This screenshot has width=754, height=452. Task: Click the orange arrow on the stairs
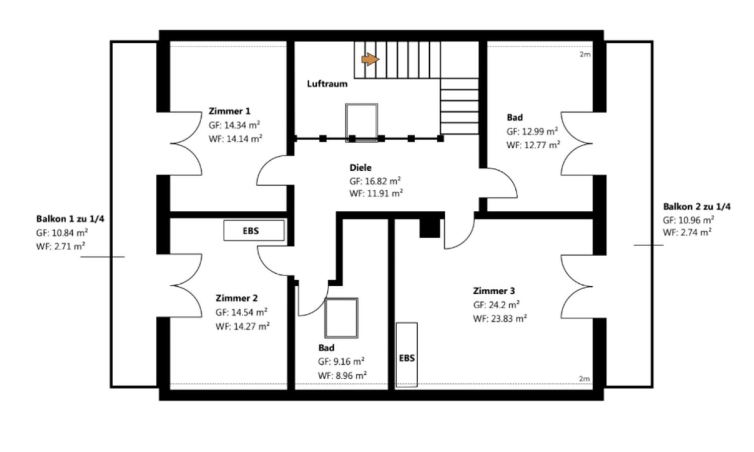tap(370, 60)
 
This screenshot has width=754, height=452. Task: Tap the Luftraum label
tap(327, 84)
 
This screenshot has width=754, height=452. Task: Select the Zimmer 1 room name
tap(229, 111)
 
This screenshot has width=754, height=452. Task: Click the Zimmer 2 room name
tap(237, 298)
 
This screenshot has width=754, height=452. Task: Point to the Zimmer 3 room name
tap(494, 291)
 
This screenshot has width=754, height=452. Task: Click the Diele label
tap(360, 167)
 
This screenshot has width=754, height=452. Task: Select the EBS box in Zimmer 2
tap(254, 231)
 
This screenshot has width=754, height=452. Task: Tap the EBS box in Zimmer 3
tap(407, 355)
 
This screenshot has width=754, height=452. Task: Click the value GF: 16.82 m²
tap(375, 181)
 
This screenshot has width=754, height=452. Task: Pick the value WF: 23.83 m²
tap(500, 318)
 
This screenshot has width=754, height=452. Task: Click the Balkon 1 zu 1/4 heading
tap(70, 219)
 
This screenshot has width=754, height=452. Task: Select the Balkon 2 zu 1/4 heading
tap(697, 206)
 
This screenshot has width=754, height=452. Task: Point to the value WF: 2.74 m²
tap(687, 233)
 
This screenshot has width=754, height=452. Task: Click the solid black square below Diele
tap(429, 229)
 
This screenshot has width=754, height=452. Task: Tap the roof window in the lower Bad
tap(341, 318)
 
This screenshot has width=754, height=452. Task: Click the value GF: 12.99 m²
tap(532, 132)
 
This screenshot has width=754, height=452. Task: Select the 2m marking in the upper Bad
tap(585, 54)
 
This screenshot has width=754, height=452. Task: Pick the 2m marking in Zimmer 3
tap(584, 379)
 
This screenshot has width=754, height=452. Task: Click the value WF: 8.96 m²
tap(342, 375)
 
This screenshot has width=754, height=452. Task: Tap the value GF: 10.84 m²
tap(62, 233)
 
